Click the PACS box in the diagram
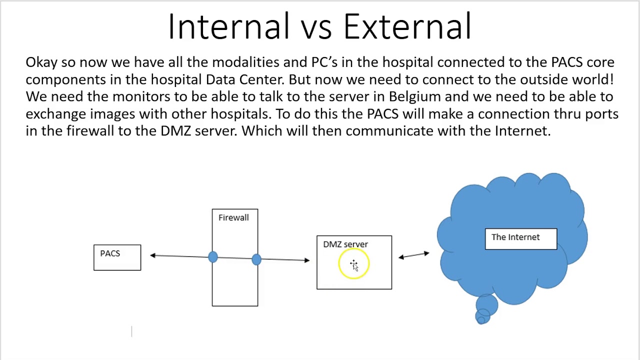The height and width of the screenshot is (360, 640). [x=117, y=257]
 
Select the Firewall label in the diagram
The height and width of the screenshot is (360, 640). [x=233, y=217]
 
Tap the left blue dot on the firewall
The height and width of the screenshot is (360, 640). [x=212, y=257]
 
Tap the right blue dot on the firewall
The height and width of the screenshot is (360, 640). [x=256, y=259]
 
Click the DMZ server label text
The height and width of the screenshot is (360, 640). [x=345, y=244]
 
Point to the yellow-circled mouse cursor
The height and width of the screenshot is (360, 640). [x=354, y=265]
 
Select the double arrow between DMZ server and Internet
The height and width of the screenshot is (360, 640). [x=413, y=255]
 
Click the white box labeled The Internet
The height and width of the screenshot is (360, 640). [x=520, y=238]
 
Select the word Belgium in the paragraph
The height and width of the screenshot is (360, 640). [x=414, y=96]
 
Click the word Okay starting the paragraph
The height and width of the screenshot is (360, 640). [x=41, y=62]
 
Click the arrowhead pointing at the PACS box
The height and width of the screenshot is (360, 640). [x=153, y=255]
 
